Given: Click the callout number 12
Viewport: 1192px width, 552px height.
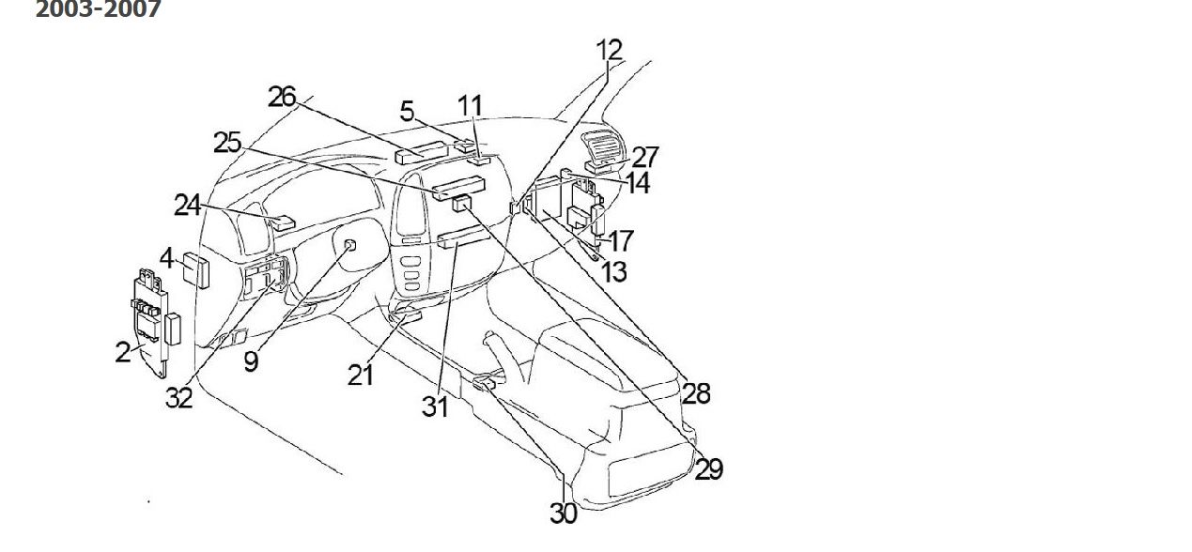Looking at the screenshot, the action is point(610,51).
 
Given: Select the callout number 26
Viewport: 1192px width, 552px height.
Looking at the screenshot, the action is point(282,98).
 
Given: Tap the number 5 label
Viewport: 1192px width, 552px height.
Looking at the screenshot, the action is point(407,112).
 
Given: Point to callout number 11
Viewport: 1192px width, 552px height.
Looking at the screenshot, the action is point(471,106).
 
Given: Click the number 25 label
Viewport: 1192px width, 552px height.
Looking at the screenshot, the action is point(227,143).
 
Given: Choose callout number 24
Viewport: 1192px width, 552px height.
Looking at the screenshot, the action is point(187,206).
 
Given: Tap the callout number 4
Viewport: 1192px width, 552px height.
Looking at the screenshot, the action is point(167,258).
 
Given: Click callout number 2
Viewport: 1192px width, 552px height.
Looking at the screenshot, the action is point(122,353).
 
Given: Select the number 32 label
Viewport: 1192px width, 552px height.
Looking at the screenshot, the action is point(178,397).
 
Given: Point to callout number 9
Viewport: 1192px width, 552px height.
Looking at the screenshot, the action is point(251,361).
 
